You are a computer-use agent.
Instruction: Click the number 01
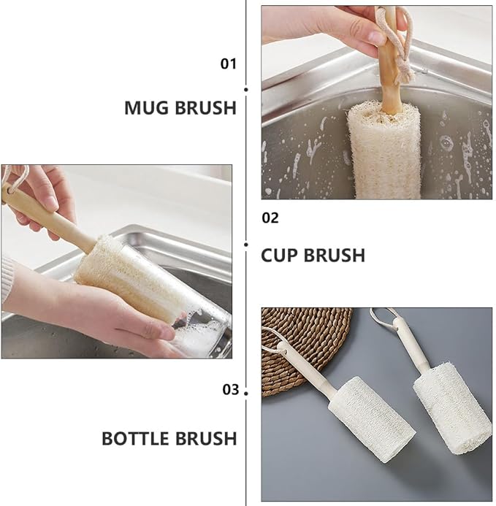(x=229, y=64)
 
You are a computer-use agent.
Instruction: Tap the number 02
(x=270, y=218)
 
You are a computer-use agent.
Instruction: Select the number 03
(x=231, y=389)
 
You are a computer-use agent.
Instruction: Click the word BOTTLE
(x=136, y=438)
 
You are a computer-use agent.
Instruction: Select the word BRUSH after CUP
(x=335, y=256)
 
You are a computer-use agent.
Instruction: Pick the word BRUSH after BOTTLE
(x=206, y=438)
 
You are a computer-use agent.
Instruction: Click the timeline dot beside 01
(x=246, y=89)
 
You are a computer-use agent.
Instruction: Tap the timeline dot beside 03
(x=246, y=394)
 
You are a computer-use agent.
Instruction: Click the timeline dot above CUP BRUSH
(x=246, y=245)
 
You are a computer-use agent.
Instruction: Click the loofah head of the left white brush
(x=371, y=420)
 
